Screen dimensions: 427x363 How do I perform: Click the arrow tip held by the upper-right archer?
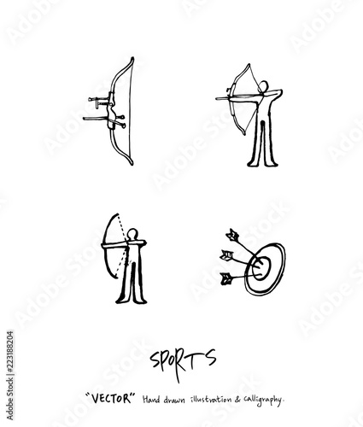(218, 98)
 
